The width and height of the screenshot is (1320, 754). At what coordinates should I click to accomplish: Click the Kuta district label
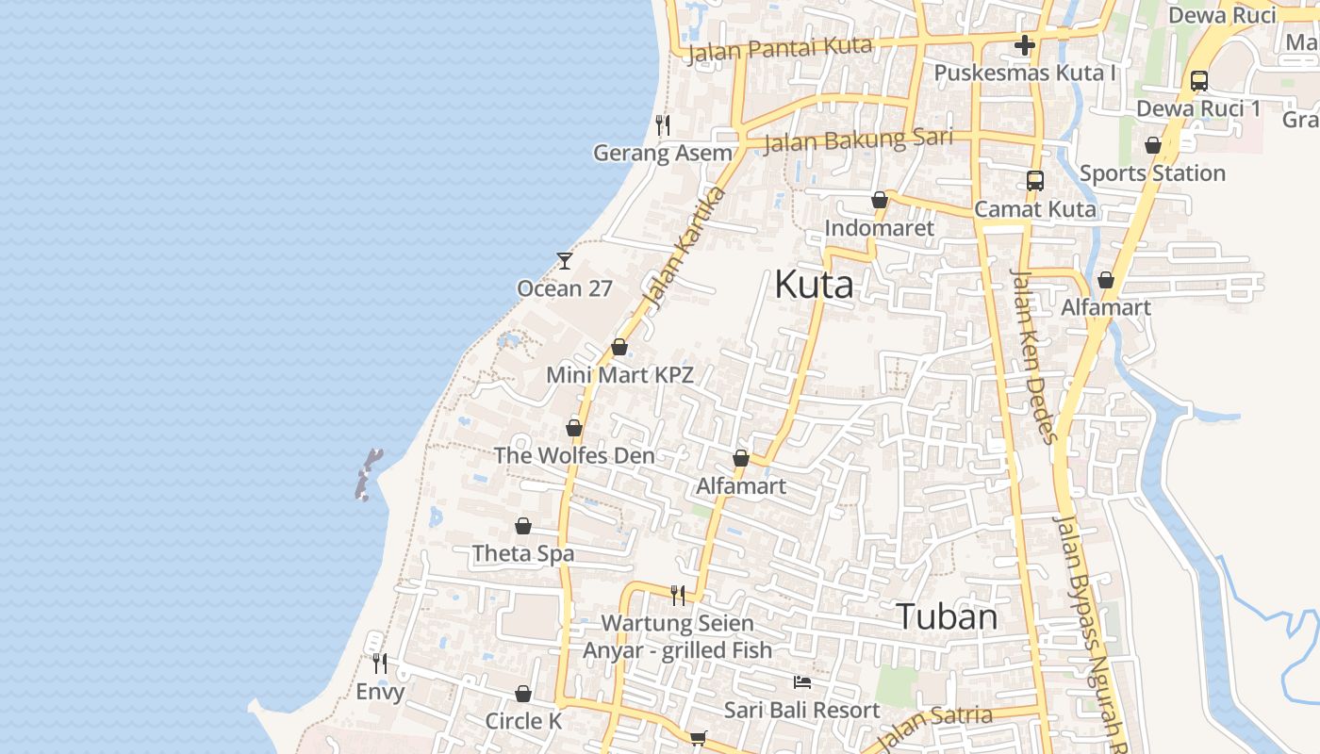pos(814,285)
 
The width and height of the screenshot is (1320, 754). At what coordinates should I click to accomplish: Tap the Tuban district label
pos(947,616)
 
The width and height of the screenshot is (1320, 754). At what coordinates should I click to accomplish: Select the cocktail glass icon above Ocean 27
pos(565,260)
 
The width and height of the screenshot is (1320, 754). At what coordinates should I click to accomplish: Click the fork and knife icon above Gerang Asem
pos(663,124)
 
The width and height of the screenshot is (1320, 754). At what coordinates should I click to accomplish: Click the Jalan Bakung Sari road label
pos(858,140)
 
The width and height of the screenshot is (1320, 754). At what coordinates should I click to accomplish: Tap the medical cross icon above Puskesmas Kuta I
pos(1025,44)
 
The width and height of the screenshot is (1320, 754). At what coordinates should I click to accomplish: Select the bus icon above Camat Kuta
pos(1035,180)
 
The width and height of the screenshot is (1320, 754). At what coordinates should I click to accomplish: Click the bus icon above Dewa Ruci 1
pos(1198,80)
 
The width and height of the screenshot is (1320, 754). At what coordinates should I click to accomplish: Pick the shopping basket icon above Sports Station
pos(1152,145)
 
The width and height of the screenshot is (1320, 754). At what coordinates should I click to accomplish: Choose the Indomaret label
pos(879,228)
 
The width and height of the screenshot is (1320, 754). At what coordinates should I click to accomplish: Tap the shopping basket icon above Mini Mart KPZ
pos(619,347)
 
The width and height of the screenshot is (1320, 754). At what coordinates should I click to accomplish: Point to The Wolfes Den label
pos(573,455)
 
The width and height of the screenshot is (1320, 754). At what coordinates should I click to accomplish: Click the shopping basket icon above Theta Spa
pos(523,526)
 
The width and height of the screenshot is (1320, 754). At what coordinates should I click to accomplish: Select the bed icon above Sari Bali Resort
pos(801,681)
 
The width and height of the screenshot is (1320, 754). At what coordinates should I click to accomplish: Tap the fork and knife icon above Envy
pos(379,663)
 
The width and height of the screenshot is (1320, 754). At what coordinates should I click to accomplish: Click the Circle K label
pos(523,721)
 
